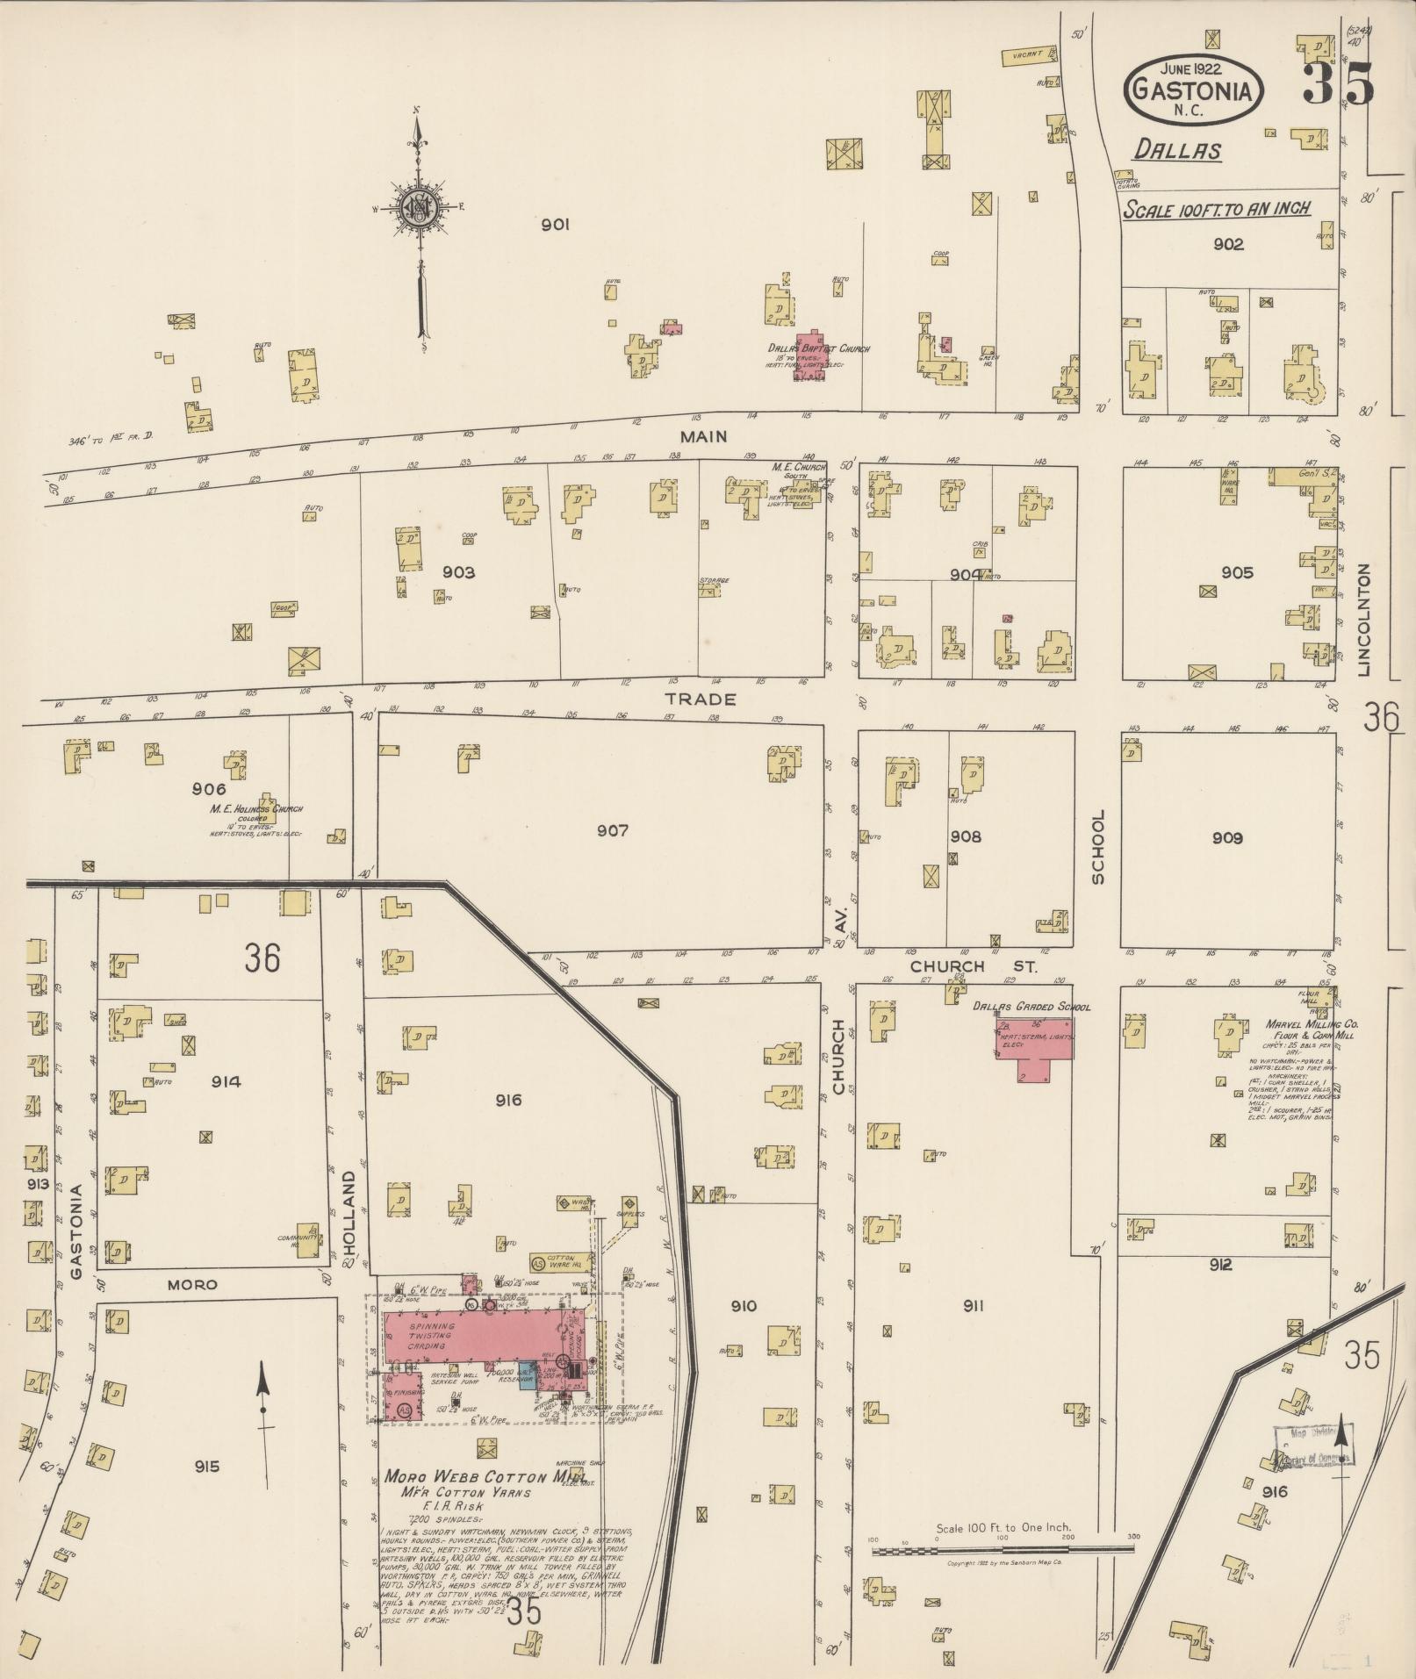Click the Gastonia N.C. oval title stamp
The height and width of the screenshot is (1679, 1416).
coord(1193,89)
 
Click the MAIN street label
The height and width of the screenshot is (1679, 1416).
coord(703,436)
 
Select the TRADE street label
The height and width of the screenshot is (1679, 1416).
coord(700,700)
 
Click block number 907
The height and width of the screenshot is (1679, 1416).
coord(612,830)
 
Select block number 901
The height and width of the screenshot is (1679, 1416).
coord(555,226)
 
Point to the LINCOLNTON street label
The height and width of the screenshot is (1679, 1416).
coord(1363,620)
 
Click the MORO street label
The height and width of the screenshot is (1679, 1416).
coord(192,1284)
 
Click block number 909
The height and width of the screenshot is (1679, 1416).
coord(1226,838)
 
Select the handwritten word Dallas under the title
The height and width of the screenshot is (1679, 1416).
coord(1176,150)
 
